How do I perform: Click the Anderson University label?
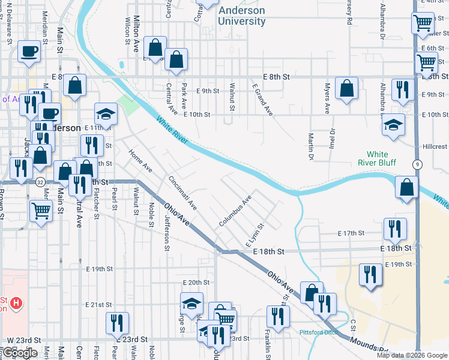pyautogui.click(x=242, y=16)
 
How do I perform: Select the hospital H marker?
pyautogui.click(x=17, y=304)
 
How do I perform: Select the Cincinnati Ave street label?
pyautogui.click(x=182, y=192)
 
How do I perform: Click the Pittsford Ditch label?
pyautogui.click(x=320, y=332)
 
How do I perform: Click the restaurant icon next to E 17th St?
pyautogui.click(x=394, y=228)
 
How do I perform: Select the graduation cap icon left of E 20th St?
pyautogui.click(x=191, y=304)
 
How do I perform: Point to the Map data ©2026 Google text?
pyautogui.click(x=411, y=355)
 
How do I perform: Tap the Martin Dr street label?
pyautogui.click(x=311, y=146)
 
